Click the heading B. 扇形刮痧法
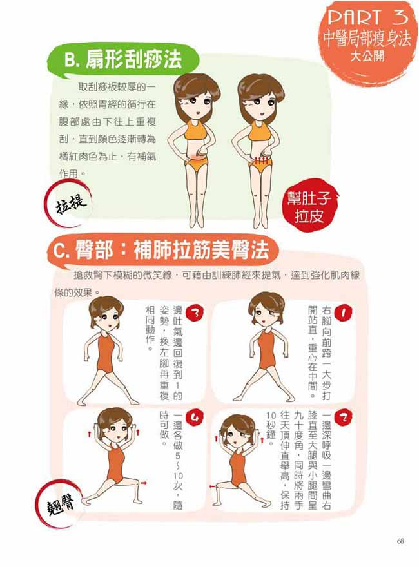click(122, 61)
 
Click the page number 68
click(400, 540)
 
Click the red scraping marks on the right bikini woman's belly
click(260, 159)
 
